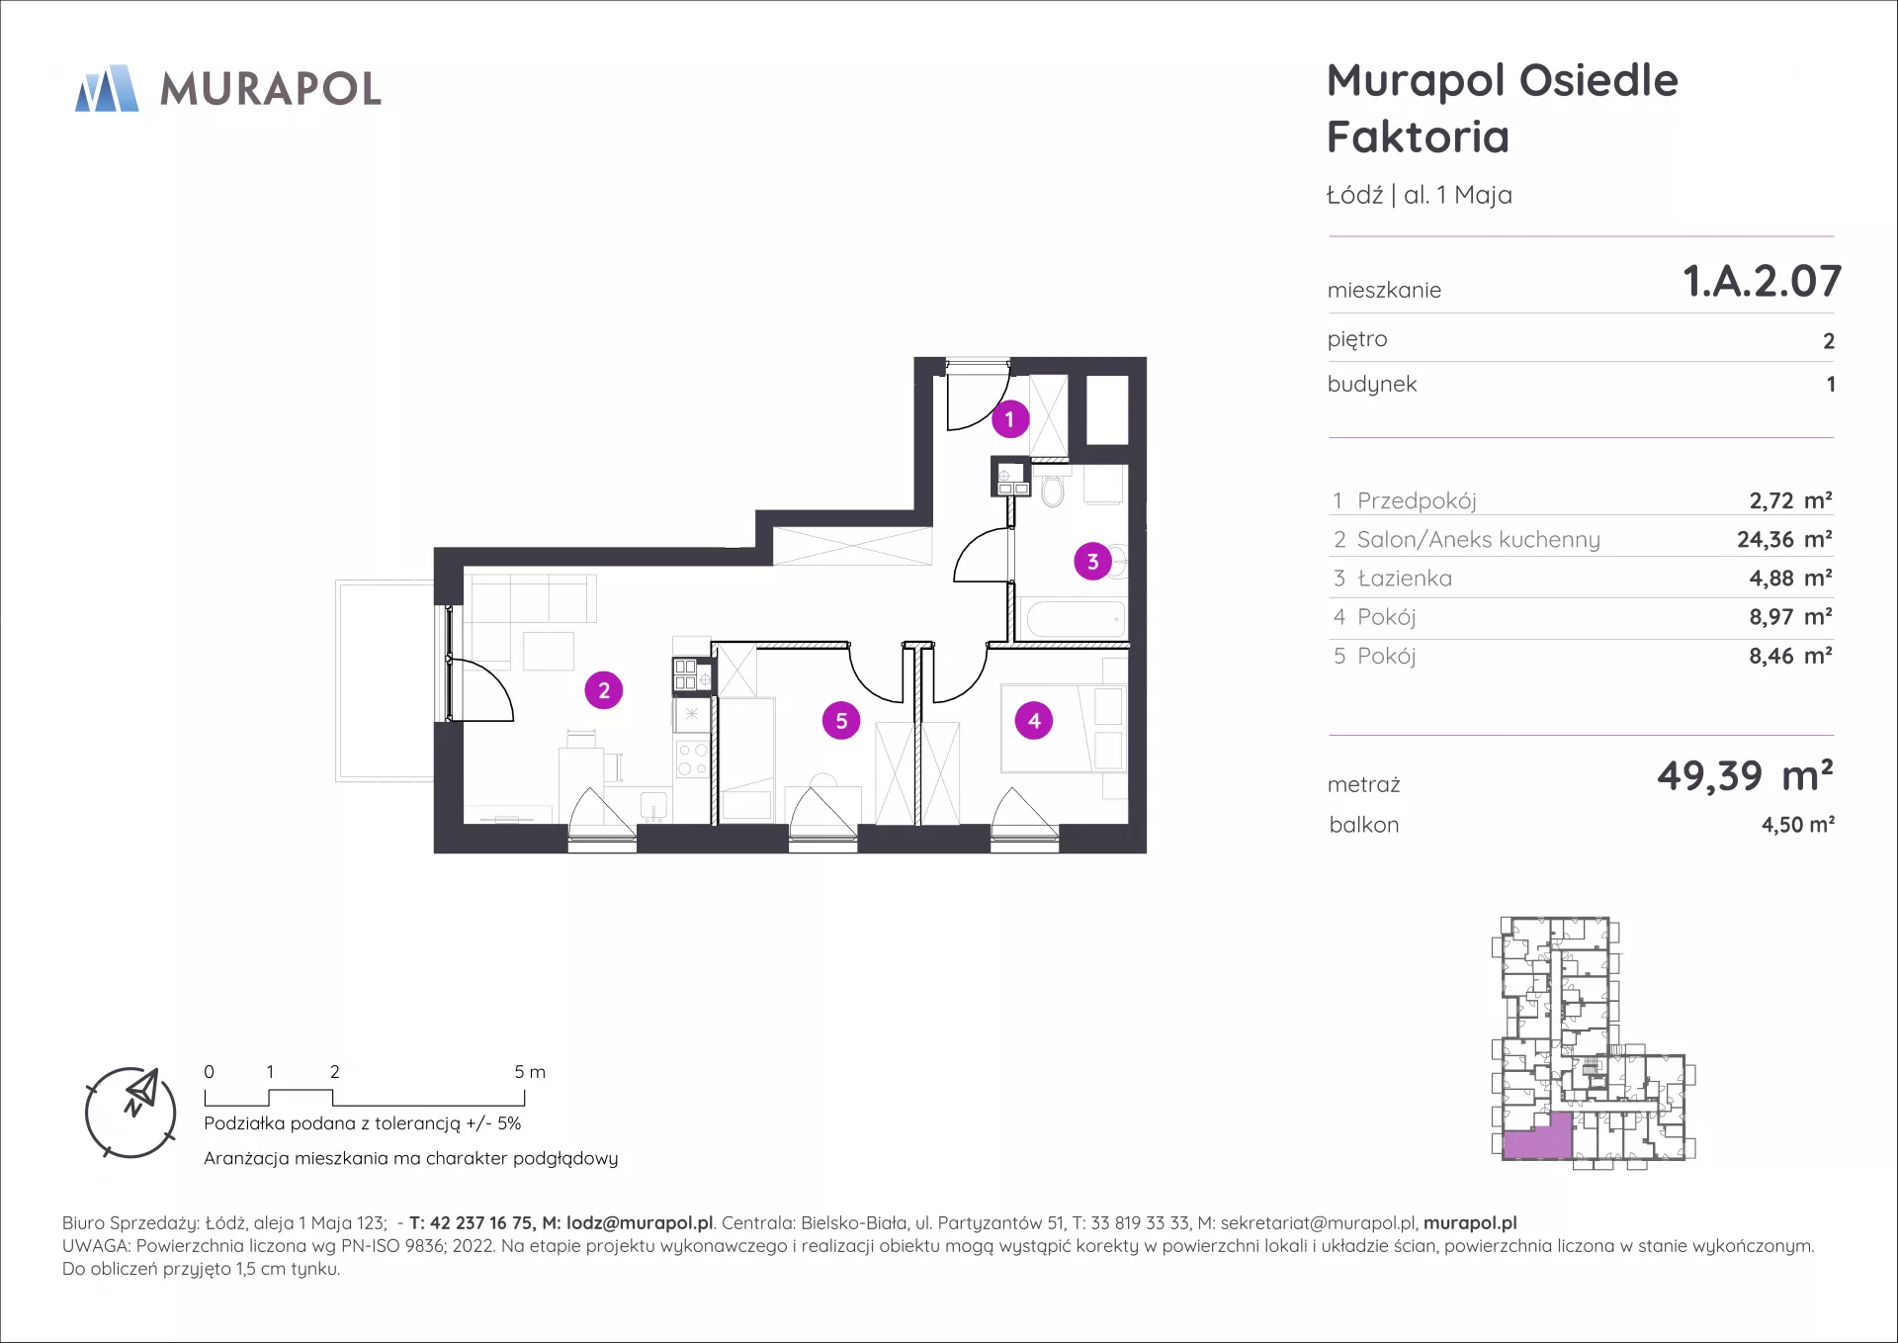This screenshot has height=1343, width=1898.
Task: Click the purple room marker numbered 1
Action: pyautogui.click(x=1009, y=419)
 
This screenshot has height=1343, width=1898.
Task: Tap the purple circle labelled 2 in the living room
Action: pyautogui.click(x=604, y=690)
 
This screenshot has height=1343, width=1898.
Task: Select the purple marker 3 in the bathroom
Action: pyautogui.click(x=1092, y=562)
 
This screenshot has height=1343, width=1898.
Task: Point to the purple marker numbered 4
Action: pyautogui.click(x=1034, y=721)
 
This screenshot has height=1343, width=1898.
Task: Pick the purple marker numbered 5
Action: pyautogui.click(x=841, y=721)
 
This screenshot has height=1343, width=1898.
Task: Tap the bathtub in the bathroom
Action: pyautogui.click(x=1076, y=620)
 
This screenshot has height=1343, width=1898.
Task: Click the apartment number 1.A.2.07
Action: pyautogui.click(x=1762, y=281)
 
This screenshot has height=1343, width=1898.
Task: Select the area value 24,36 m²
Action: pyautogui.click(x=1784, y=539)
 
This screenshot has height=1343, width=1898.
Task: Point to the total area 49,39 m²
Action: pyautogui.click(x=1745, y=775)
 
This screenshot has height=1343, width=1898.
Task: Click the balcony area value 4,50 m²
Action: pyautogui.click(x=1797, y=824)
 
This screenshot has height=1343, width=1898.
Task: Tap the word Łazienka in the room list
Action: pyautogui.click(x=1405, y=578)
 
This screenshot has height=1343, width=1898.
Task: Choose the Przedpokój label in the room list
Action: pyautogui.click(x=1417, y=500)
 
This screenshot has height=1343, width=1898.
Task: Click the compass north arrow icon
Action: pyautogui.click(x=141, y=1091)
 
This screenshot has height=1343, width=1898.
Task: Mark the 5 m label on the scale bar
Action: pyautogui.click(x=530, y=1072)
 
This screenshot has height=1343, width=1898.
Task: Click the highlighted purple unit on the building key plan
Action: pyautogui.click(x=1537, y=1136)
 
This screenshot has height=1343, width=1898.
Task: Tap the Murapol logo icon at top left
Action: pyautogui.click(x=107, y=88)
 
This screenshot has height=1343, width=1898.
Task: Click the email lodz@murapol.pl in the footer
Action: pyautogui.click(x=640, y=1223)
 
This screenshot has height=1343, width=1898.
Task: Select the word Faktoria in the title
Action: pyautogui.click(x=1418, y=136)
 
